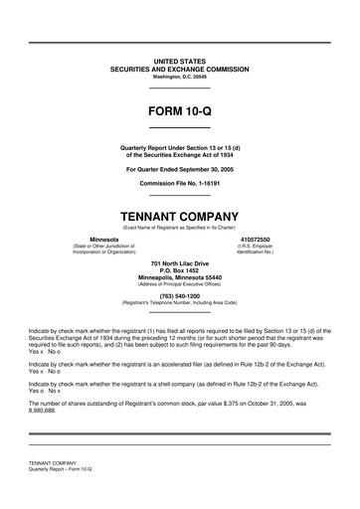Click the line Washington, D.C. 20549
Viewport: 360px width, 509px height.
179,77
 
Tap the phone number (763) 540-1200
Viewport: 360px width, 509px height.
179,295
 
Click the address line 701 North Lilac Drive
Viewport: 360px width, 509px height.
179,261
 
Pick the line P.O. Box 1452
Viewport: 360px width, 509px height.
179,269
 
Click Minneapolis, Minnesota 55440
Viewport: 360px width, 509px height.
179,277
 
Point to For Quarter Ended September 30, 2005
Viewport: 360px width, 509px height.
179,170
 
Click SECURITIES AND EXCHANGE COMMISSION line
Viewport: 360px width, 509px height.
179,70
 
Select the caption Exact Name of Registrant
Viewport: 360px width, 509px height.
179,229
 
